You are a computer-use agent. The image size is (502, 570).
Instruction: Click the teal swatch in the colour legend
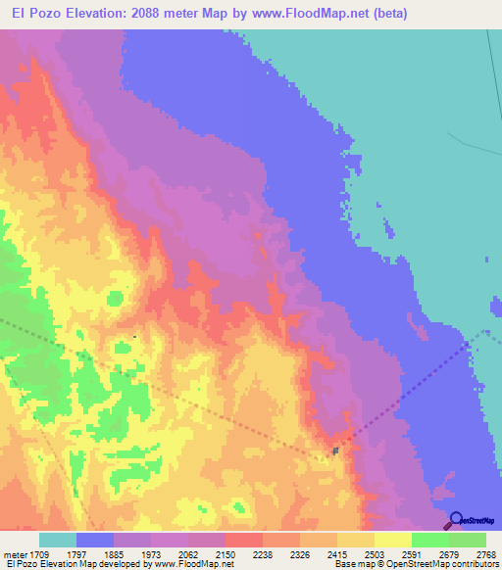pos(57,540)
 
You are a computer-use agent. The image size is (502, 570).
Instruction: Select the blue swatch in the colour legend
pos(94,540)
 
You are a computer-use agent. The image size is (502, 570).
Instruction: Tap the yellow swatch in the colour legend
pos(392,540)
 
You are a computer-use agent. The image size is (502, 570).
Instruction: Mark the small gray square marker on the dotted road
pos(335,451)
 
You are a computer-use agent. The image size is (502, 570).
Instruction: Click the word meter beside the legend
pos(15,554)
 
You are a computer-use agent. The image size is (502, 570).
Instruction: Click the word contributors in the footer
pos(474,565)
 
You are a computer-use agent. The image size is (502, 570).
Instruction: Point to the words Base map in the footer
pos(350,565)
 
